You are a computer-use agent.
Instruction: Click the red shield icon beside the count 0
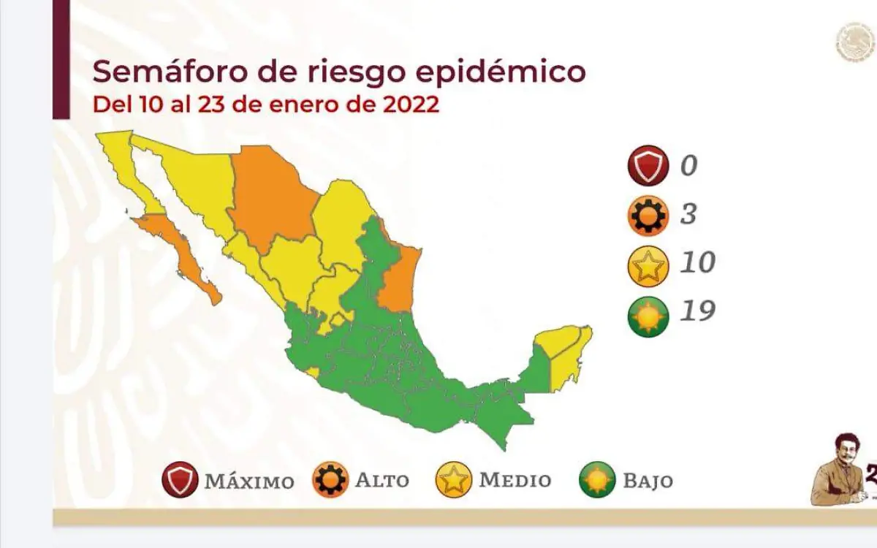click(648, 166)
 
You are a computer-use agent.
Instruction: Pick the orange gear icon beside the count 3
click(648, 215)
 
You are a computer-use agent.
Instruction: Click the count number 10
click(696, 262)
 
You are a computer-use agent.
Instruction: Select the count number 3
click(688, 214)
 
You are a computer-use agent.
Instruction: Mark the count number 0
click(688, 166)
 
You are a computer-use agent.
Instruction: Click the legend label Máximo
click(249, 482)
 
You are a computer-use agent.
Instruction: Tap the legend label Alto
click(381, 481)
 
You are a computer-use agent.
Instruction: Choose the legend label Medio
click(515, 481)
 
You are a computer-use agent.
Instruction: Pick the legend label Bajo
click(648, 481)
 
